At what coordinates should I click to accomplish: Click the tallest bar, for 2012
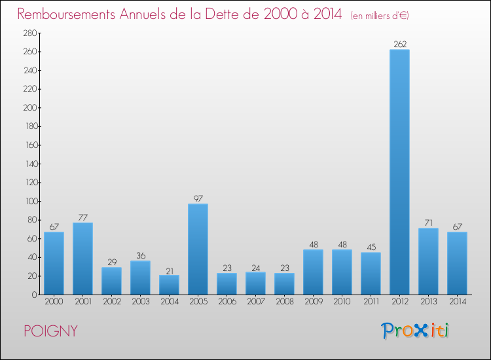pyautogui.click(x=399, y=172)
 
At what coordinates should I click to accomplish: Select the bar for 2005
pyautogui.click(x=198, y=249)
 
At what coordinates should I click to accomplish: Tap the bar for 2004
pyautogui.click(x=169, y=285)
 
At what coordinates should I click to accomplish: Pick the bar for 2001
pyautogui.click(x=82, y=259)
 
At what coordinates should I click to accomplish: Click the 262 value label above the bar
pyautogui.click(x=399, y=45)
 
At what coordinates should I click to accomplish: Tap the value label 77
pyautogui.click(x=82, y=218)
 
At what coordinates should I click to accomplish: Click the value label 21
pyautogui.click(x=169, y=270)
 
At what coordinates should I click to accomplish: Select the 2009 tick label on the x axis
pyautogui.click(x=313, y=301)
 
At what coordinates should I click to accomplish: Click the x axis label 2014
pyautogui.click(x=457, y=301)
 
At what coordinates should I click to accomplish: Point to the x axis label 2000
pyautogui.click(x=54, y=301)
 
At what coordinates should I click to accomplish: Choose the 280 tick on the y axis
pyautogui.click(x=29, y=33)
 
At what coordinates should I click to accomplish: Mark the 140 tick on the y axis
pyautogui.click(x=29, y=164)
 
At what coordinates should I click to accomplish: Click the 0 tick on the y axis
pyautogui.click(x=33, y=295)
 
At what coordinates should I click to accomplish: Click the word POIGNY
pyautogui.click(x=50, y=331)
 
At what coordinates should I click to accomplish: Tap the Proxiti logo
pyautogui.click(x=415, y=331)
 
